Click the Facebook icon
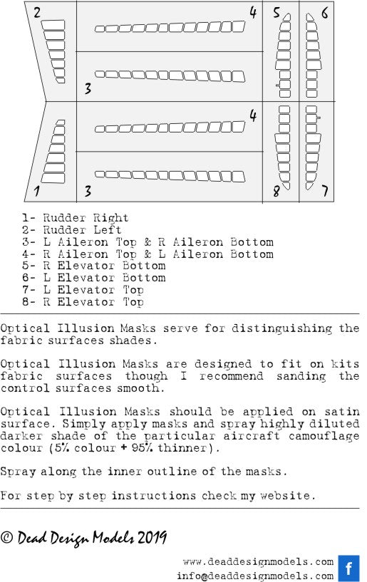pyautogui.click(x=348, y=568)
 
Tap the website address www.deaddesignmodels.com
pyautogui.click(x=258, y=562)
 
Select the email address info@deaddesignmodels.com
pyautogui.click(x=255, y=576)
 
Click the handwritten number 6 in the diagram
pyautogui.click(x=324, y=13)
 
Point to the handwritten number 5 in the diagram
pyautogui.click(x=276, y=12)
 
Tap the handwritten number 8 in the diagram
pyautogui.click(x=276, y=192)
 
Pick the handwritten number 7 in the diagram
pyautogui.click(x=325, y=191)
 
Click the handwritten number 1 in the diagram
pyautogui.click(x=36, y=191)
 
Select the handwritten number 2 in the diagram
pyautogui.click(x=37, y=13)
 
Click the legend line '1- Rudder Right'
pyautogui.click(x=75, y=218)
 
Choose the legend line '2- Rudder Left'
pyautogui.click(x=71, y=230)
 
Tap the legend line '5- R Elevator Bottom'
pyautogui.click(x=93, y=266)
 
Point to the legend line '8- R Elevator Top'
pyautogui.click(x=83, y=302)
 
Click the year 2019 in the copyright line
pyautogui.click(x=152, y=537)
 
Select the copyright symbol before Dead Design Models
pyautogui.click(x=6, y=537)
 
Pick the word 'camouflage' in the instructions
pyautogui.click(x=324, y=436)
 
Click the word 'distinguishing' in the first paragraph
pyautogui.click(x=282, y=328)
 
